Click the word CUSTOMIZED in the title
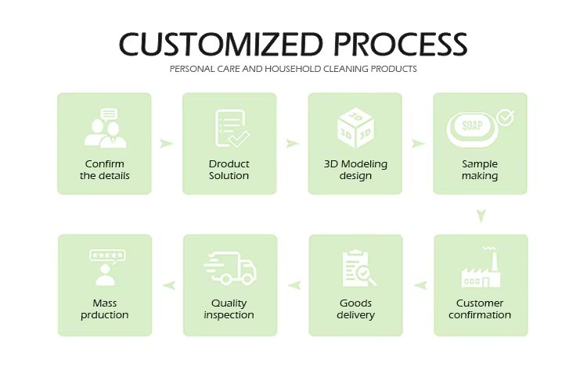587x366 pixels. click(221, 44)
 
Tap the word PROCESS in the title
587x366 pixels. click(401, 44)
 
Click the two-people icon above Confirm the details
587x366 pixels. click(105, 128)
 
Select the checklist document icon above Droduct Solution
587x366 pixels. click(232, 128)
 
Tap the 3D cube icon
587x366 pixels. click(355, 127)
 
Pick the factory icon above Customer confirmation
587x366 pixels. click(481, 267)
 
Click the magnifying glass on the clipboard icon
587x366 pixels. click(366, 275)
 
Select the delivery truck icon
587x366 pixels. click(230, 268)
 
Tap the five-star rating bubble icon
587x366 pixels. click(107, 257)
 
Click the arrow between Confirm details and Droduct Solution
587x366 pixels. click(166, 143)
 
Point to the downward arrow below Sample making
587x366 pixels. click(481, 216)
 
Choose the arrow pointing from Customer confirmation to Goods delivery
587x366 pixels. click(421, 285)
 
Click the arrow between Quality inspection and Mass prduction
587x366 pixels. click(169, 285)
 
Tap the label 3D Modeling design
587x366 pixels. click(355, 170)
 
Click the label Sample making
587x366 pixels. click(480, 170)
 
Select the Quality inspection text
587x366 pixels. click(229, 309)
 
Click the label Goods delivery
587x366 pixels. click(355, 309)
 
